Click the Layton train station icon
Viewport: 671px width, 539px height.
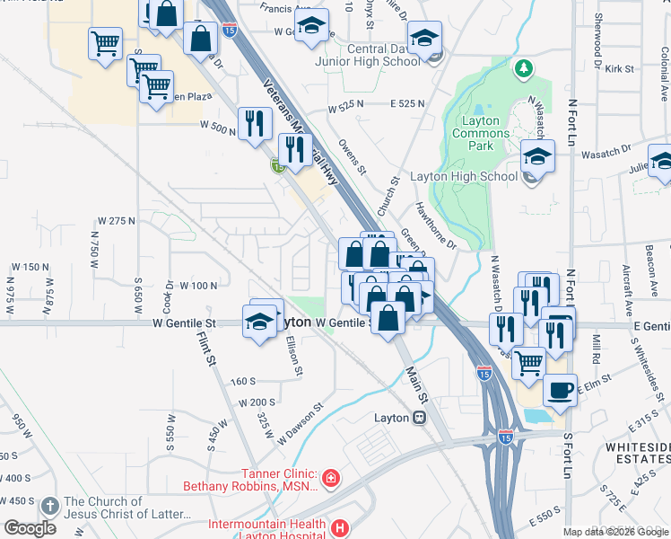419,418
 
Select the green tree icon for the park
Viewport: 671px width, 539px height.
522,68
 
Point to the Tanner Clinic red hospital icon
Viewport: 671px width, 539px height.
331,476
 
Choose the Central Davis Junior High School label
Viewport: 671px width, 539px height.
368,55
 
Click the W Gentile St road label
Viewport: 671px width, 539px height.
185,323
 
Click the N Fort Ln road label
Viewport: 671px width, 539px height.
571,117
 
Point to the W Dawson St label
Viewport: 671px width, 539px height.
299,422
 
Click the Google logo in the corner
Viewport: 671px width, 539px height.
30,527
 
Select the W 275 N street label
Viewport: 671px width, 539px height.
116,220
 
